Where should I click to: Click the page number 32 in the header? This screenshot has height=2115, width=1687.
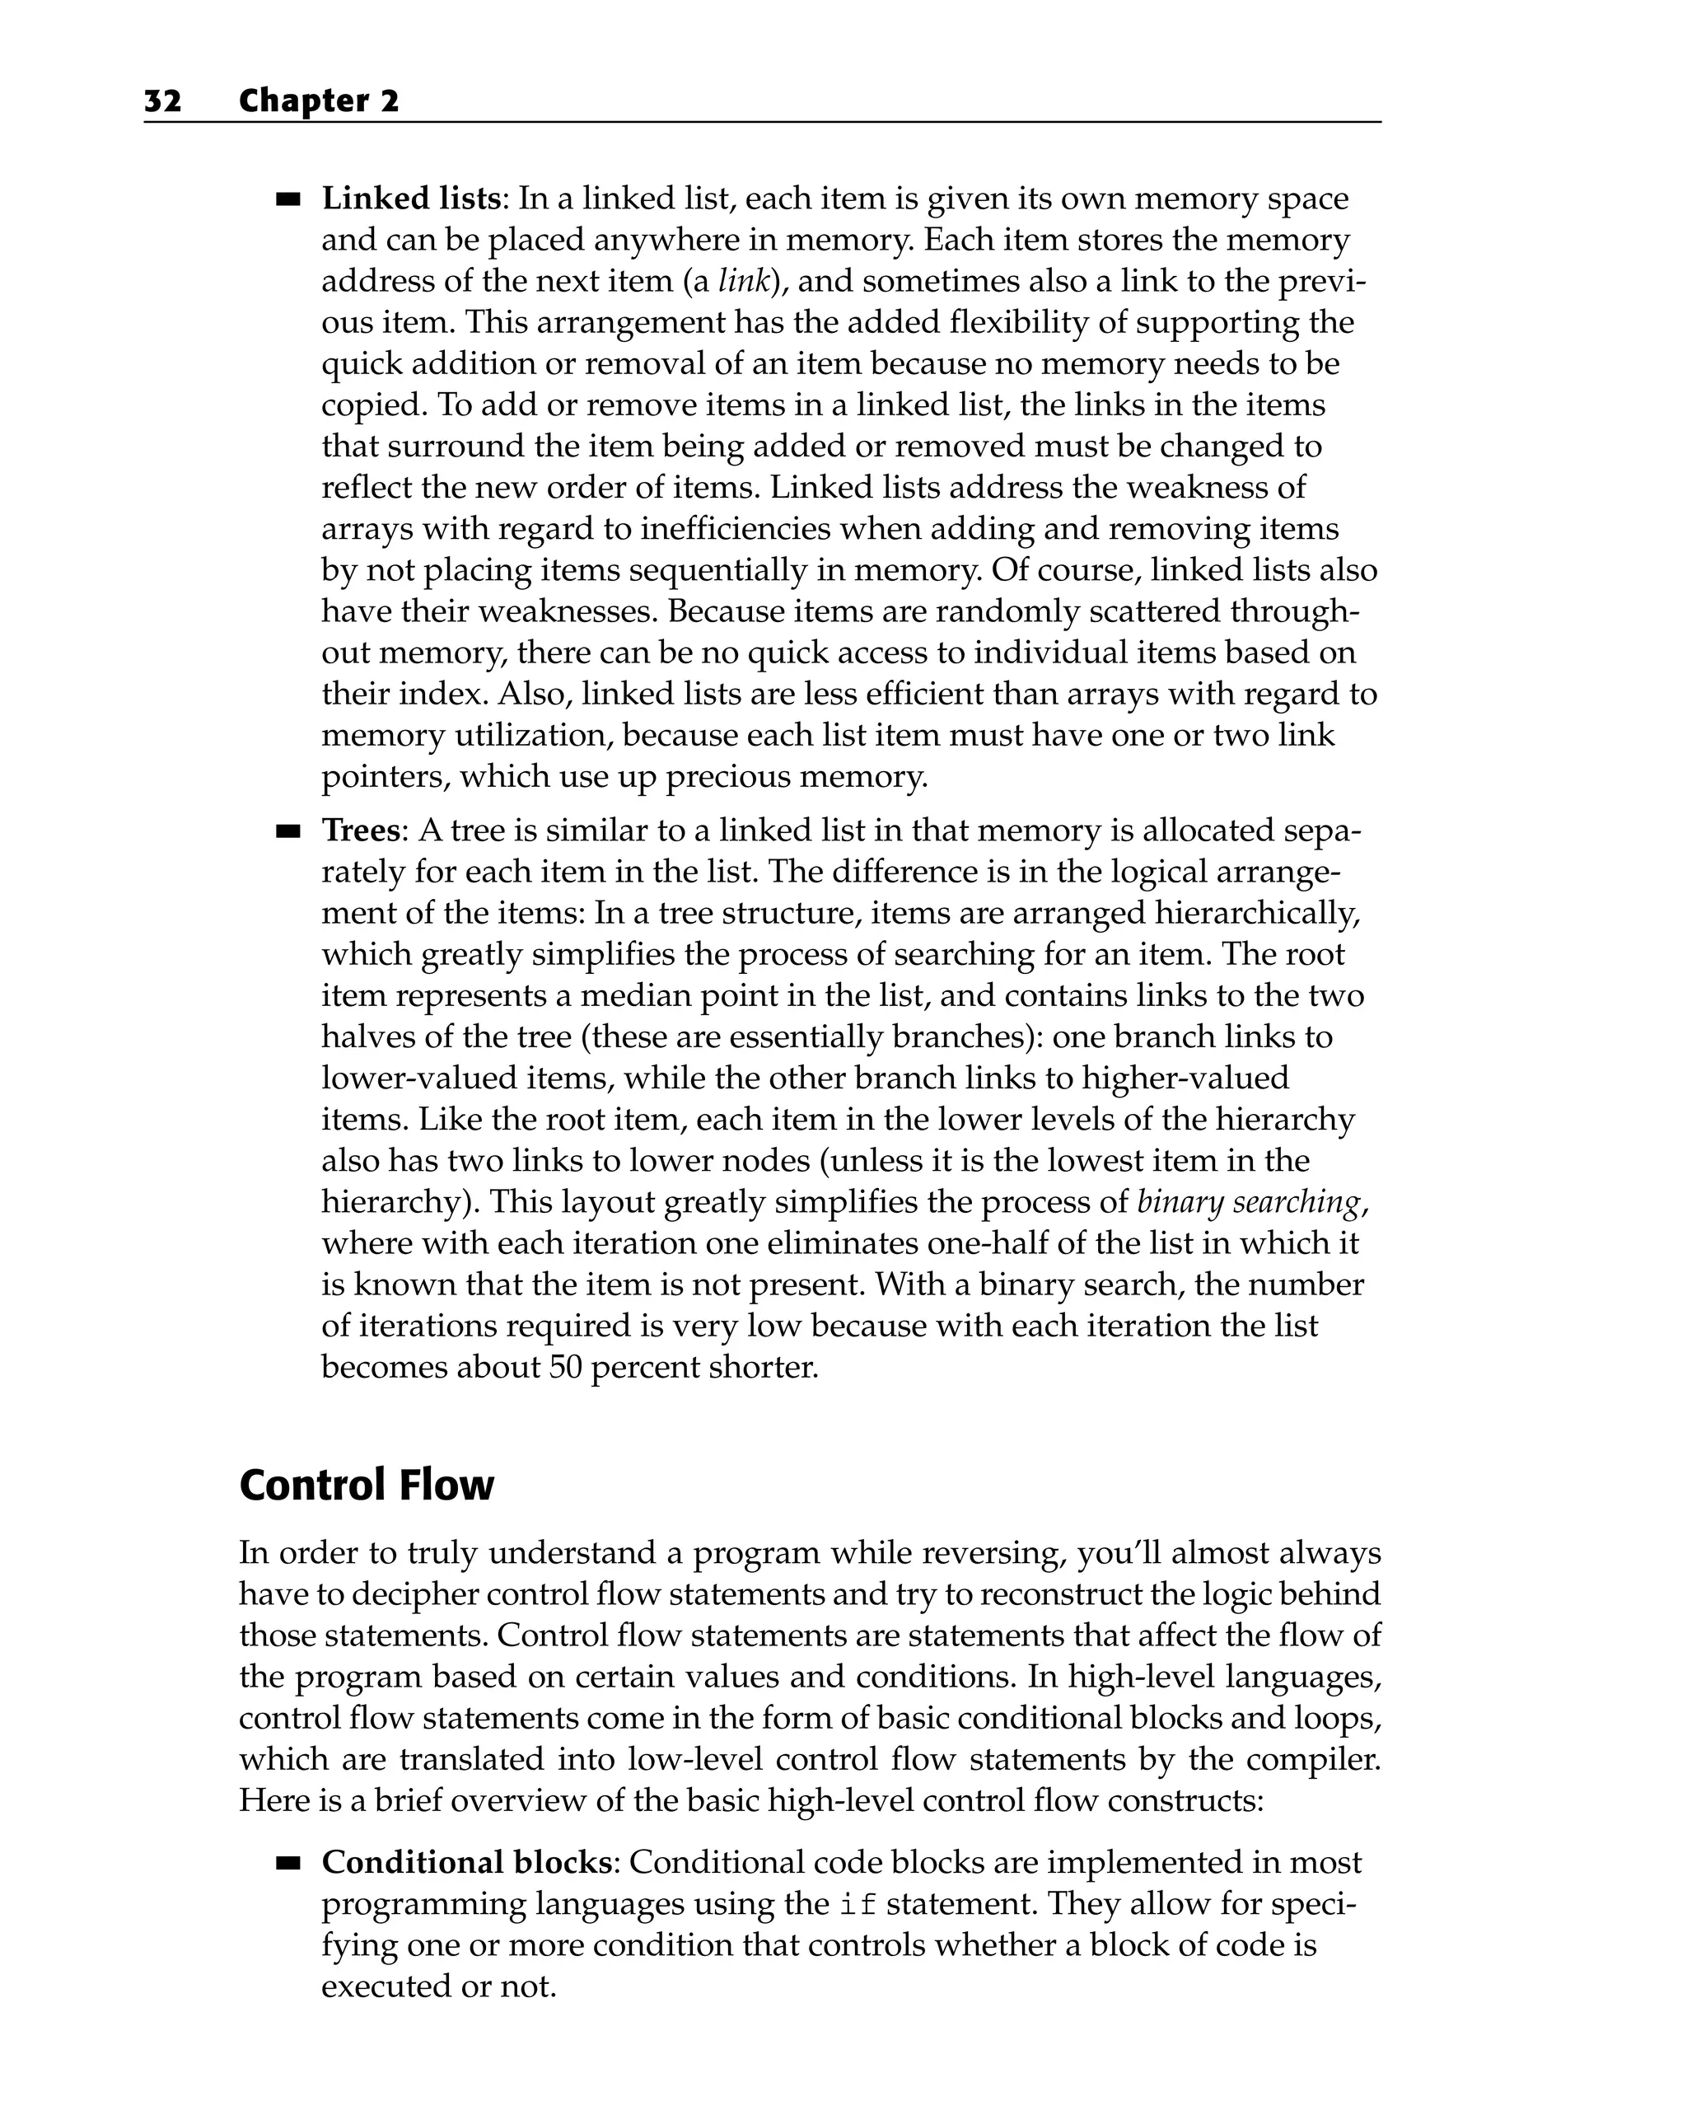coord(163,101)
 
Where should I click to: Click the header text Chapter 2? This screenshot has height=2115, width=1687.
coord(319,101)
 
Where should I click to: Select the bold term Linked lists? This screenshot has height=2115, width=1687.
coord(411,199)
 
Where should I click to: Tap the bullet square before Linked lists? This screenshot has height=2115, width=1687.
coord(287,200)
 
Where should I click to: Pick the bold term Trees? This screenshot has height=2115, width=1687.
coord(361,831)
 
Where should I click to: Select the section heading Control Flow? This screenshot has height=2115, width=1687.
coord(367,1486)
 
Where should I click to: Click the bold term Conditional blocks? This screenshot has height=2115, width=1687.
coord(467,1863)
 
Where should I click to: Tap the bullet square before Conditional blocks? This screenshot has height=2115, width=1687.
coord(287,1864)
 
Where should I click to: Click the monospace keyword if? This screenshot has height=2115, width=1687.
coord(858,1905)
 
